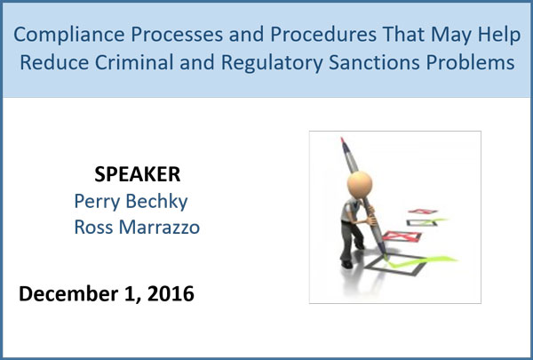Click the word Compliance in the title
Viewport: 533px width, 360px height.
[x=69, y=35]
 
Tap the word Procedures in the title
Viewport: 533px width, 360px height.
[x=323, y=34]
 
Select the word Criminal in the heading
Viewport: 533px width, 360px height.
[x=134, y=62]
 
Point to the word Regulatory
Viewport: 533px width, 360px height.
[x=272, y=63]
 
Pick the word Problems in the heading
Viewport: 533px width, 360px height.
[x=471, y=62]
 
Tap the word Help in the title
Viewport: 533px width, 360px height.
[x=499, y=35]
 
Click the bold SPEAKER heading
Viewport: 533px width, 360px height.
[x=138, y=174]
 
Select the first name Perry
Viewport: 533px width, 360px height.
[x=97, y=202]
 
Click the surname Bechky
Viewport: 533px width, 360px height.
[x=156, y=201]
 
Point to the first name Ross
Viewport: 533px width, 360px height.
[x=93, y=228]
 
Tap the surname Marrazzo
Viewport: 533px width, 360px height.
[x=159, y=228]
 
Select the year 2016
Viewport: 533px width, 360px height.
[x=171, y=293]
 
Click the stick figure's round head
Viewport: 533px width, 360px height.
[x=360, y=184]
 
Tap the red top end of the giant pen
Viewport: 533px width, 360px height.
[x=343, y=140]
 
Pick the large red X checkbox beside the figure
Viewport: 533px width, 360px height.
[x=402, y=236]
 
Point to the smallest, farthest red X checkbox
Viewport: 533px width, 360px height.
[x=423, y=212]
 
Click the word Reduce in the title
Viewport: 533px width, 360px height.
[x=54, y=62]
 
